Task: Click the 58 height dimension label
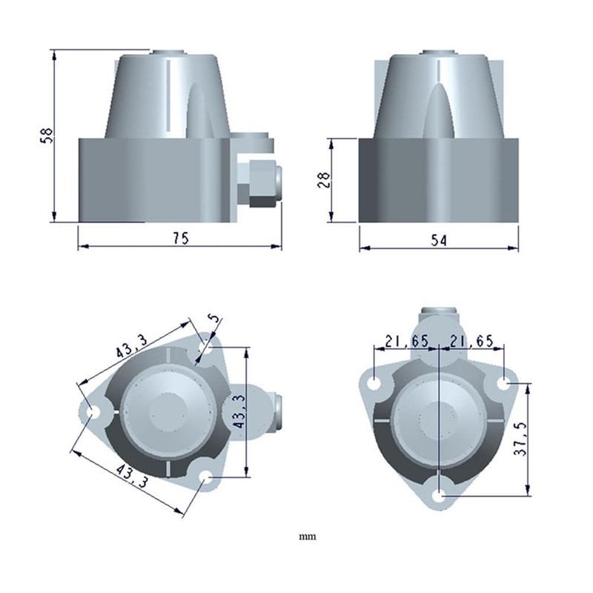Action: (47, 136)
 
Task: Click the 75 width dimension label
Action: (181, 238)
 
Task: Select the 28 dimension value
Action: (324, 180)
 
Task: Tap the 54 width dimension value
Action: (439, 240)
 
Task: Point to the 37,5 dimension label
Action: (520, 439)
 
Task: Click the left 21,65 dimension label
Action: (406, 341)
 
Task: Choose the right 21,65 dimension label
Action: (471, 341)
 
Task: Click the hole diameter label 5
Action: (215, 318)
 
